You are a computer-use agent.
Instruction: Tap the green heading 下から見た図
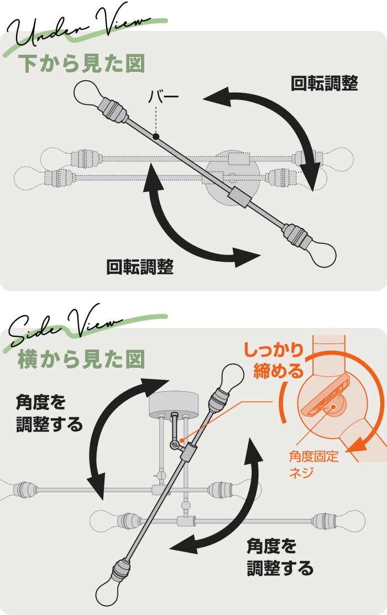(x=82, y=64)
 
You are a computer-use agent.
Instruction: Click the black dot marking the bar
(x=156, y=137)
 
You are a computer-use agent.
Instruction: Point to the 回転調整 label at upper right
(x=325, y=83)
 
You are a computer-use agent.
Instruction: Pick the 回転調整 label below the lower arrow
(x=140, y=267)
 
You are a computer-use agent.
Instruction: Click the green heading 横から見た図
(x=82, y=359)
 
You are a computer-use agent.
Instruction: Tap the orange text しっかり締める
(x=274, y=360)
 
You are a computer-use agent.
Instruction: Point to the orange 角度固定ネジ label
(x=313, y=464)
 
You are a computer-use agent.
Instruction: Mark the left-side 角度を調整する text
(x=49, y=413)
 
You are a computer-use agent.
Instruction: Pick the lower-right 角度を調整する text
(x=280, y=557)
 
